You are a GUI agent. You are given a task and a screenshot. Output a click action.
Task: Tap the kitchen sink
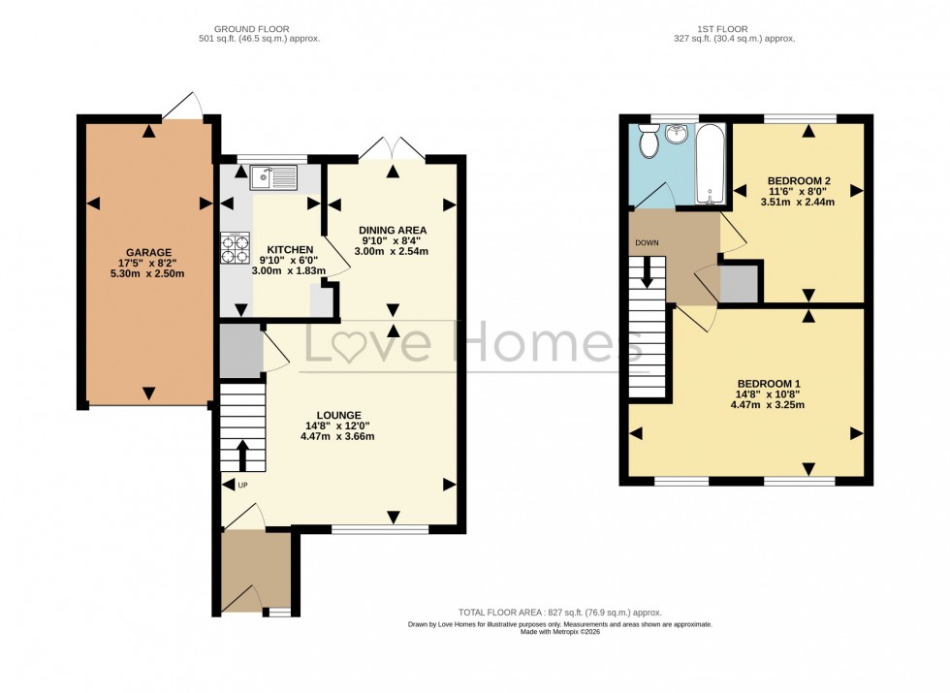(x=272, y=177)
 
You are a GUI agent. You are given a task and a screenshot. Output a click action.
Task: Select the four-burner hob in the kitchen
(x=236, y=250)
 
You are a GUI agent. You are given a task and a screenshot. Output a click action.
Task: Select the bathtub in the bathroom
(x=711, y=163)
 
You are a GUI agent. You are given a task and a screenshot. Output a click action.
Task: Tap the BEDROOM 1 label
(x=769, y=383)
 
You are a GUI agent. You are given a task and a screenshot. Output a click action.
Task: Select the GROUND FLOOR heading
(x=253, y=29)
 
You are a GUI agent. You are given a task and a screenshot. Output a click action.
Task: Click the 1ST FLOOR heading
(x=734, y=29)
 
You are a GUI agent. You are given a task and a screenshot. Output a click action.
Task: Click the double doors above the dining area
(x=392, y=148)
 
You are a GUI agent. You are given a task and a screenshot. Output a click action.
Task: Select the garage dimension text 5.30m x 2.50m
(x=147, y=273)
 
